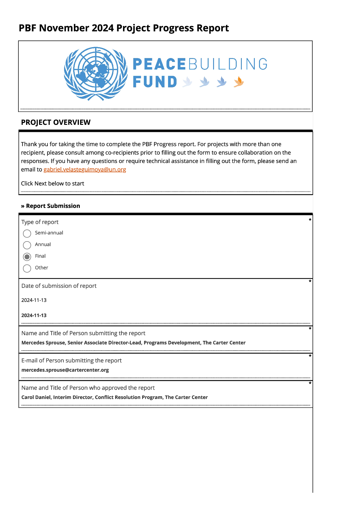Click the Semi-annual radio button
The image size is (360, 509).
pos(27,233)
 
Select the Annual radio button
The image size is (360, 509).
pos(27,245)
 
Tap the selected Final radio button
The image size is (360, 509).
pos(27,257)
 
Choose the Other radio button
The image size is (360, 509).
pos(27,268)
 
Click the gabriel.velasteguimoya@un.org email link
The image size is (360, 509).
pos(85,170)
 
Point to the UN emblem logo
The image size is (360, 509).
pos(96,73)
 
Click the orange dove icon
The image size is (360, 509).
pos(238,82)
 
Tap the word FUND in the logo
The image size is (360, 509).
pos(155,82)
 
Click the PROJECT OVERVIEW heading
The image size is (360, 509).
pos(56,122)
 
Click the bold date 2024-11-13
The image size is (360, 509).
pos(34,315)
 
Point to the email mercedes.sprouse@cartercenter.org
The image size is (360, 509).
pos(65,370)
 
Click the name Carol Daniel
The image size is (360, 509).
pos(36,397)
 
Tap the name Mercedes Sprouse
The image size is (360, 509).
pos(43,343)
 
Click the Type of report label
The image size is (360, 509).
pos(40,222)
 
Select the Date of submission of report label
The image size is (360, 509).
pos(59,286)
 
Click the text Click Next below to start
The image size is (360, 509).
pos(53,183)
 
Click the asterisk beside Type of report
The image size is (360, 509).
pos(310,220)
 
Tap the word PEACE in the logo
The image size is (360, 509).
pos(159,64)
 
